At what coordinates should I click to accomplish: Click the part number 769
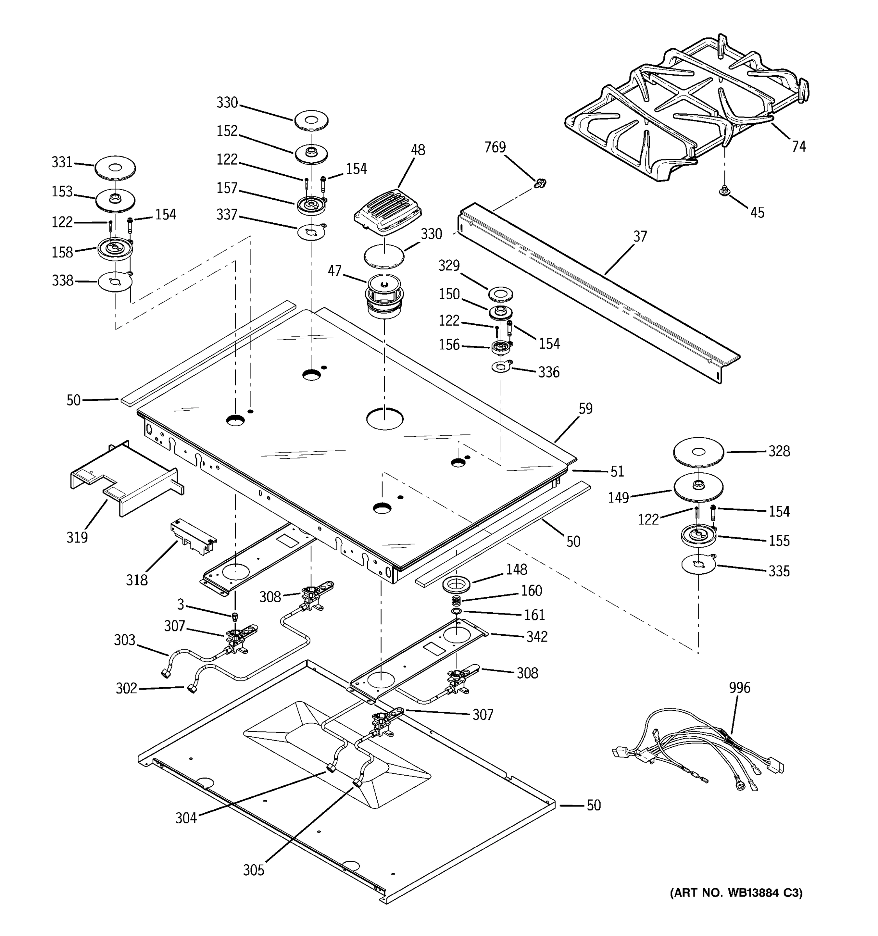pyautogui.click(x=495, y=147)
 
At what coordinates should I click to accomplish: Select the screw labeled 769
pyautogui.click(x=541, y=182)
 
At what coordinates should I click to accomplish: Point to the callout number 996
pyautogui.click(x=739, y=688)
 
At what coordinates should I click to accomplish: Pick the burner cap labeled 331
pyautogui.click(x=115, y=168)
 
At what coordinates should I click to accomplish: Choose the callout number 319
pyautogui.click(x=77, y=537)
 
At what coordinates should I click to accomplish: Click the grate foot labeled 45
pyautogui.click(x=724, y=190)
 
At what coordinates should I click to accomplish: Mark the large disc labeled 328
pyautogui.click(x=698, y=452)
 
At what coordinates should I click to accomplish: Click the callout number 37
pyautogui.click(x=640, y=236)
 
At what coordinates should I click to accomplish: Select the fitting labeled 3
pyautogui.click(x=235, y=617)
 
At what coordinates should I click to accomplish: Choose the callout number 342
pyautogui.click(x=537, y=636)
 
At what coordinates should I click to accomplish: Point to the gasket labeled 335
pyautogui.click(x=698, y=564)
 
